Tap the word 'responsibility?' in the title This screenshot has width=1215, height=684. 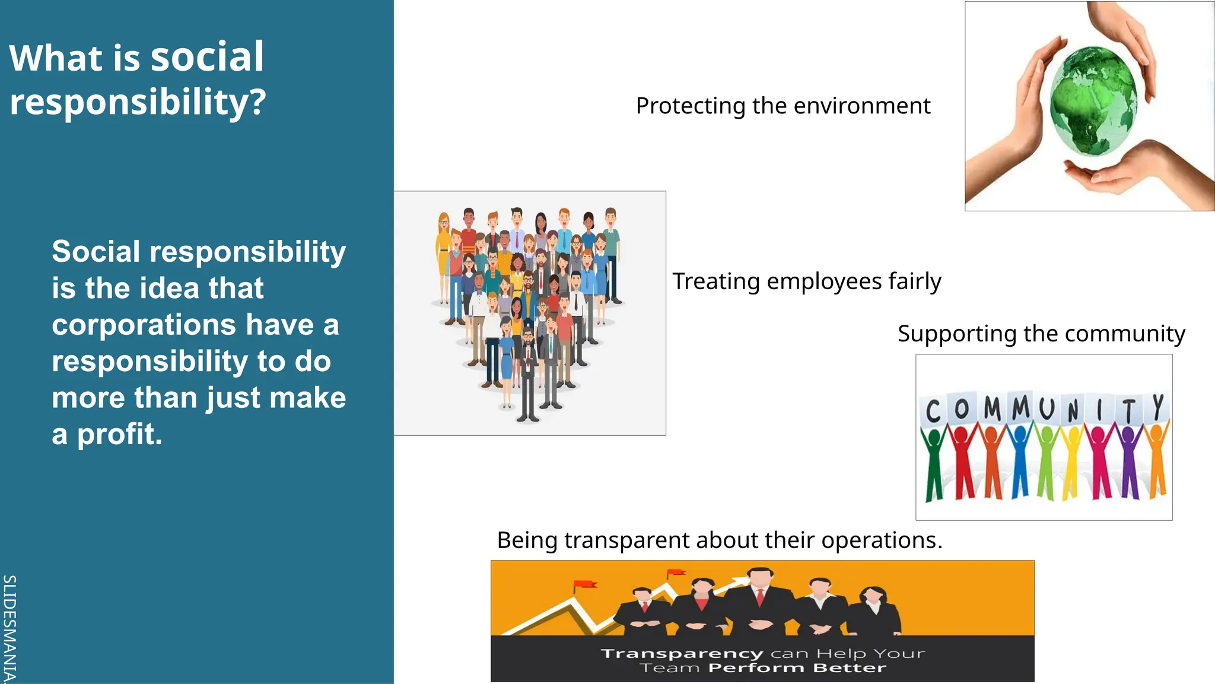click(138, 102)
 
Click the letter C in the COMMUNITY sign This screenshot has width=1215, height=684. click(933, 411)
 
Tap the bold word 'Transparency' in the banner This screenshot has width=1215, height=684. click(682, 654)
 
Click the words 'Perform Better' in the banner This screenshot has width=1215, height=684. click(797, 669)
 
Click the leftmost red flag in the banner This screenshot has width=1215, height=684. click(584, 585)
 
